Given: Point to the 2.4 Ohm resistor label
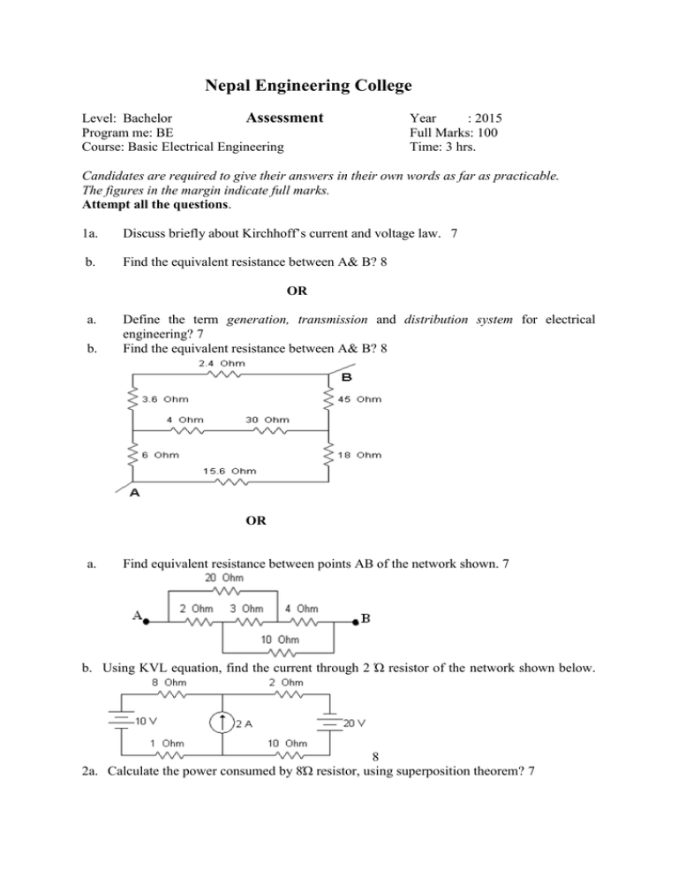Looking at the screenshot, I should [x=222, y=363].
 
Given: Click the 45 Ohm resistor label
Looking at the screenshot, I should [x=361, y=399].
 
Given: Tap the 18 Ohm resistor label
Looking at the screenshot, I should [x=361, y=455].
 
